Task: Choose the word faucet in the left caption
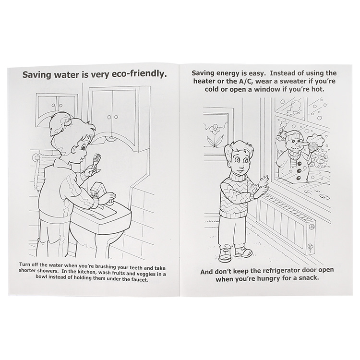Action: [x=139, y=280]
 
